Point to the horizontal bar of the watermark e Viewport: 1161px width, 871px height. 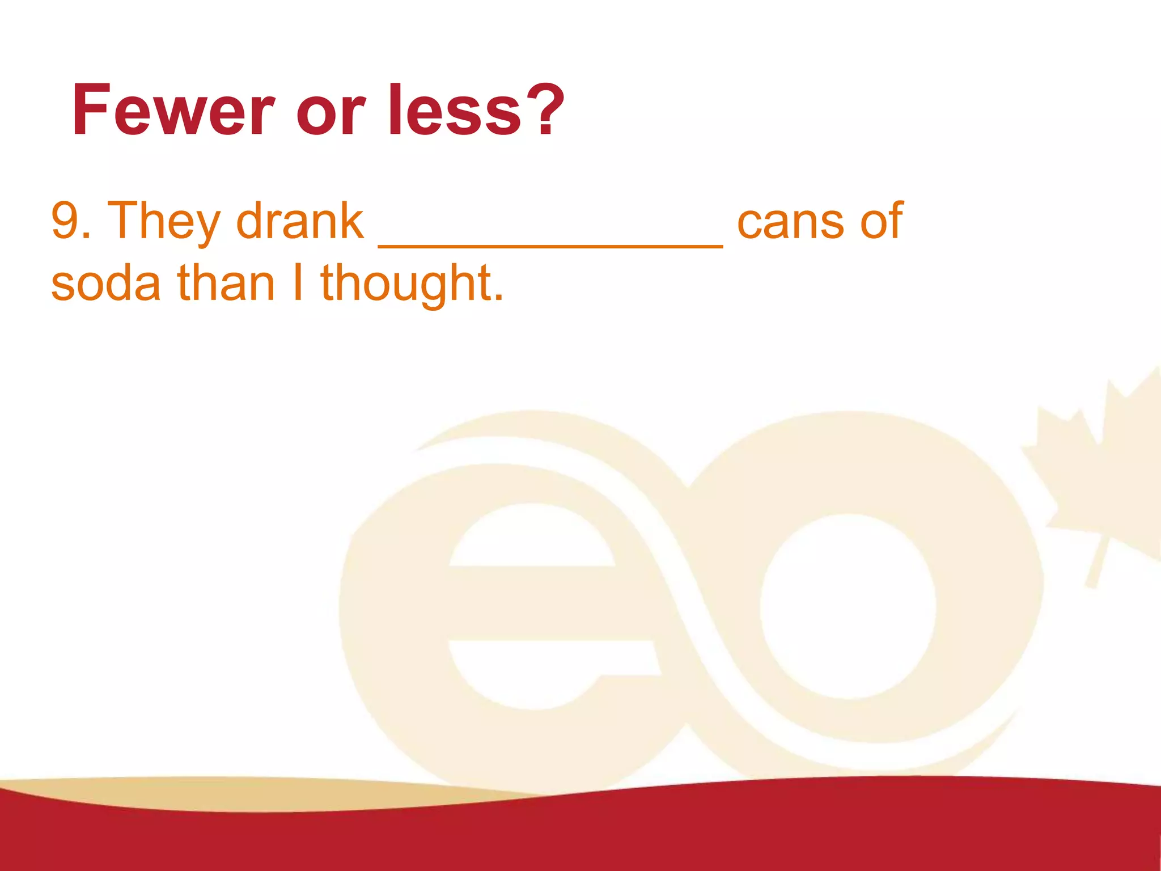(x=550, y=603)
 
